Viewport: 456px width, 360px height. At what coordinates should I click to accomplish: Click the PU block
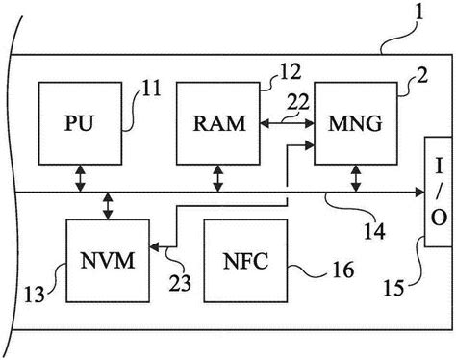(x=79, y=123)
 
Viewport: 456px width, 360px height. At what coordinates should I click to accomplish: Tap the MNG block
(x=356, y=123)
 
